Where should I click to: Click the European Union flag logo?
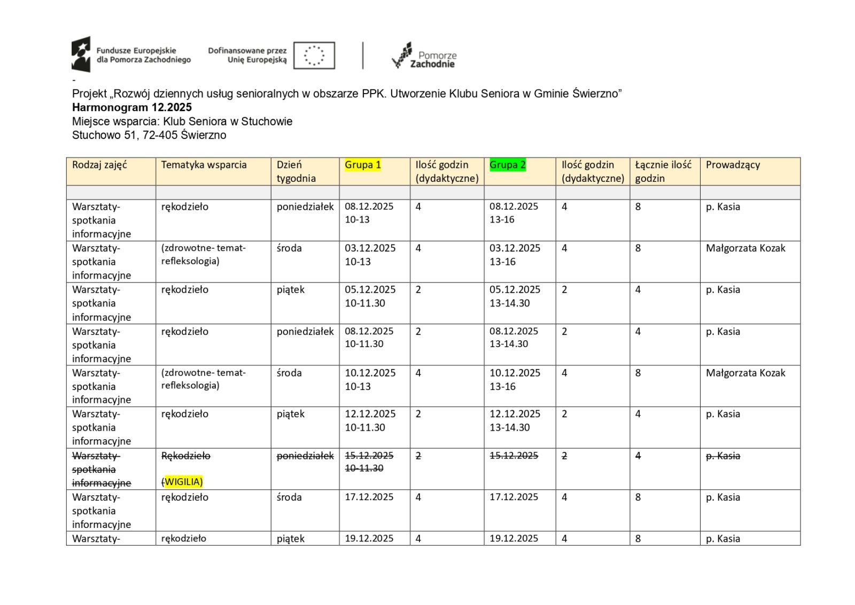(x=314, y=56)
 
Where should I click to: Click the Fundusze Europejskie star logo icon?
(x=81, y=54)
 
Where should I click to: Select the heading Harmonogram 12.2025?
(x=132, y=107)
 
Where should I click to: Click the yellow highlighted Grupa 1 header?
(x=363, y=165)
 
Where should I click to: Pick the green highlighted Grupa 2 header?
(x=508, y=165)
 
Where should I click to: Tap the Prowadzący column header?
(x=733, y=165)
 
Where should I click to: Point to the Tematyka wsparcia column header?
(x=204, y=165)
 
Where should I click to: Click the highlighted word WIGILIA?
(x=183, y=482)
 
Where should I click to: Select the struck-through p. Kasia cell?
(x=722, y=456)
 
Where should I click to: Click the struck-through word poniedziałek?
(x=305, y=456)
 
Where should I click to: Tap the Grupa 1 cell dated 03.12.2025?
(x=370, y=255)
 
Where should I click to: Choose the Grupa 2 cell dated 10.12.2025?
(x=515, y=379)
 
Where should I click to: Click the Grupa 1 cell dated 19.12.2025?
(x=369, y=538)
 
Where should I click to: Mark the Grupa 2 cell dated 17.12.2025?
(x=514, y=497)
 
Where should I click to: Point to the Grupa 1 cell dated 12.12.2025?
(x=370, y=420)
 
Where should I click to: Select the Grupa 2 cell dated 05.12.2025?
(x=515, y=296)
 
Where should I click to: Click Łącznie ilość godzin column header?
(x=663, y=171)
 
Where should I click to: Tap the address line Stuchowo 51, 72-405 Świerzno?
(x=149, y=135)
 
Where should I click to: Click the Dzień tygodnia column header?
(x=296, y=171)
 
